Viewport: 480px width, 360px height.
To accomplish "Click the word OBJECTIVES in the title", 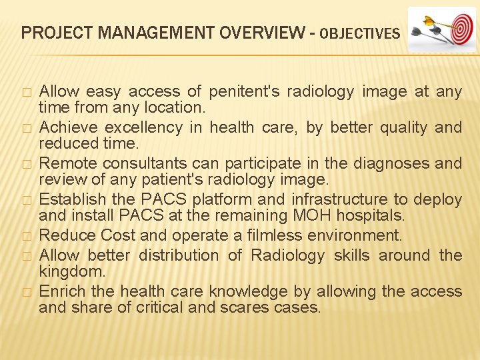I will [361, 33].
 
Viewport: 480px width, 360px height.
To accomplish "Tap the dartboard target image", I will [441, 29].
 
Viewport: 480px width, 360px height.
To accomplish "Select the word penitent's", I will [244, 91].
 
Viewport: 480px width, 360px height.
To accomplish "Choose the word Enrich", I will [59, 291].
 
